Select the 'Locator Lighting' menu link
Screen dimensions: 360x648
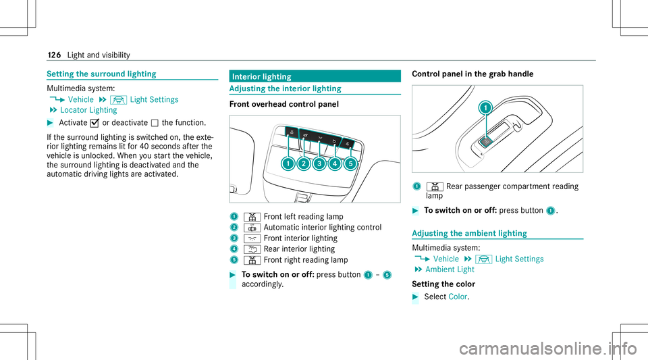click(88, 109)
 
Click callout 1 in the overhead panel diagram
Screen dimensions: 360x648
click(288, 163)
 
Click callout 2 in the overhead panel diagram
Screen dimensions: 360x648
click(304, 163)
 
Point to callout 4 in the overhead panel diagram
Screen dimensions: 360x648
click(335, 163)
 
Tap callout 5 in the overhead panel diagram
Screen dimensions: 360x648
click(351, 163)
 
